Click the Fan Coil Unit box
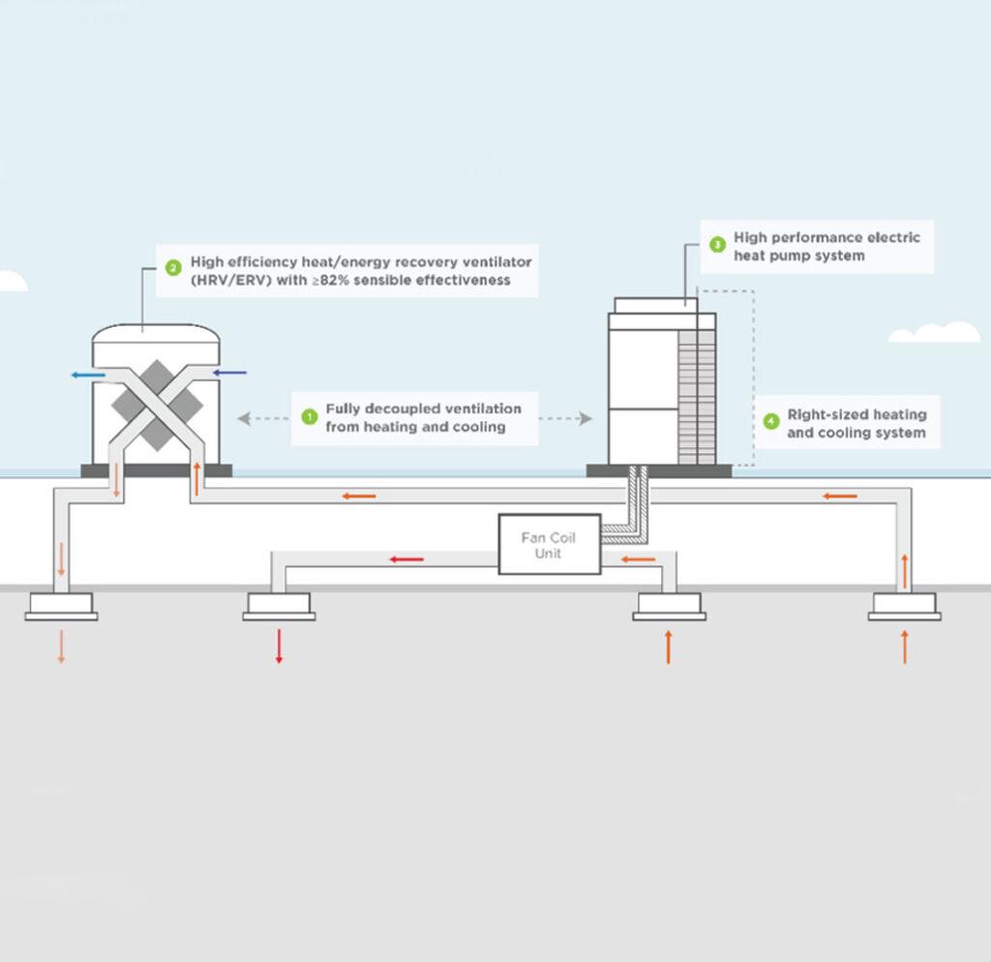548,544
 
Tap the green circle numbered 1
310,417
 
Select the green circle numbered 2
173,268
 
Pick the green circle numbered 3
716,245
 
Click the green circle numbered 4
770,422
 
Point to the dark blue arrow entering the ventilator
229,373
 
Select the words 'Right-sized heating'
856,414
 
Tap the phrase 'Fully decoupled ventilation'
423,408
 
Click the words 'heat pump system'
798,256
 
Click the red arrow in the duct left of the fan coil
406,559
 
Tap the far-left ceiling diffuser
61,605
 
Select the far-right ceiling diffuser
904,605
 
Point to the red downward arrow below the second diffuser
279,646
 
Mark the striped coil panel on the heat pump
697,397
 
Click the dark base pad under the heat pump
659,471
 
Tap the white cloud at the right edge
935,334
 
